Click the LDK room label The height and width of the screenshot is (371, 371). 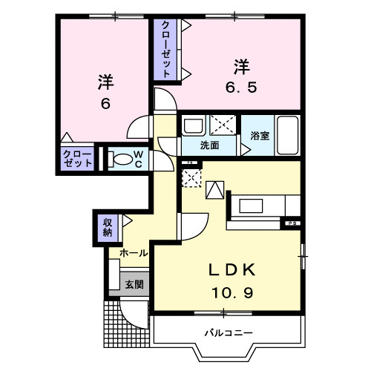(x=232, y=269)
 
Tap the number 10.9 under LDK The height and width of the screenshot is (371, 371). (x=232, y=293)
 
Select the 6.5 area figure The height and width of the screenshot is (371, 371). (x=241, y=88)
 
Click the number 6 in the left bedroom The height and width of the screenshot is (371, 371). (x=105, y=104)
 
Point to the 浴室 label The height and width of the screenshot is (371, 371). (x=260, y=136)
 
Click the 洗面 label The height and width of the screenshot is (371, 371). (x=209, y=145)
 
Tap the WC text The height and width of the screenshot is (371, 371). (x=139, y=160)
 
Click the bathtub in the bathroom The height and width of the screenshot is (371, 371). (x=287, y=135)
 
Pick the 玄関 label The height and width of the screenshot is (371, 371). (x=134, y=284)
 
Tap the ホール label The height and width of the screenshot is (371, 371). (x=134, y=253)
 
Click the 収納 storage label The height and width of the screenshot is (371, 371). (x=108, y=228)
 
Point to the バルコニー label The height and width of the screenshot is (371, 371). (x=229, y=333)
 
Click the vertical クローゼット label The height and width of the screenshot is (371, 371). (x=165, y=50)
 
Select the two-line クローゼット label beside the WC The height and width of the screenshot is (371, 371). (x=77, y=159)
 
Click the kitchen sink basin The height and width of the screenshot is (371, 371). (x=251, y=206)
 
